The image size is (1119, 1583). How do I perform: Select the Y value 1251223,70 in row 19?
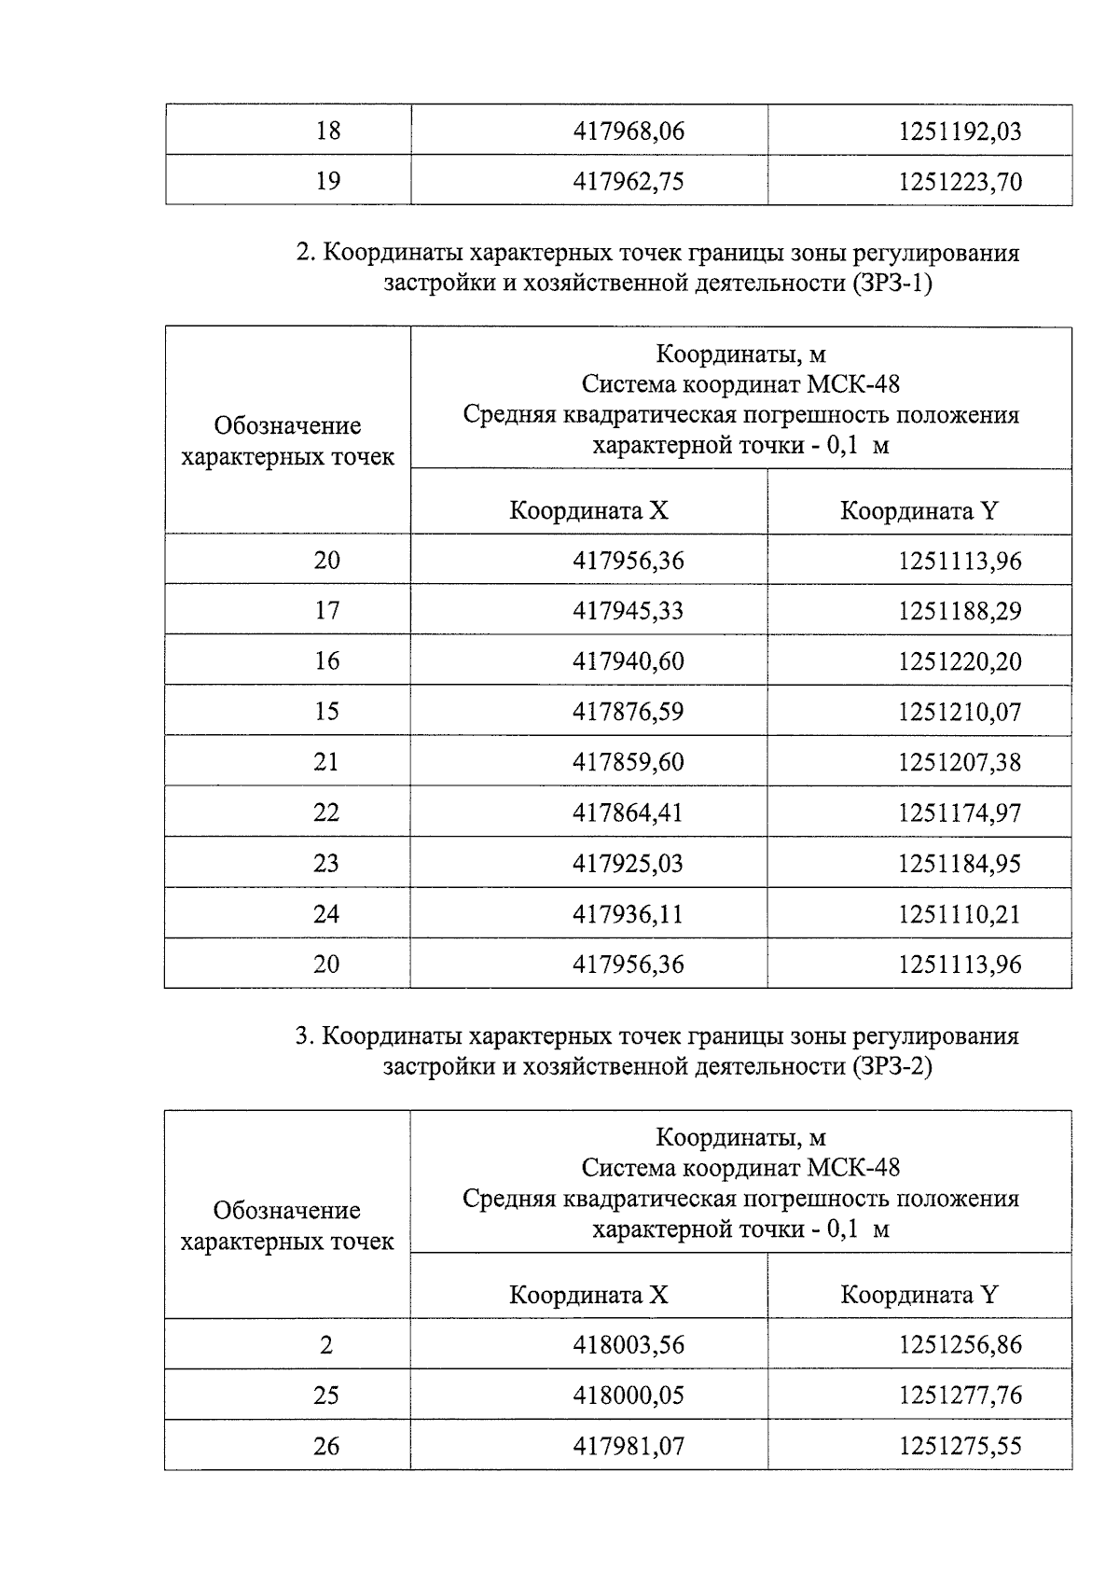tap(960, 181)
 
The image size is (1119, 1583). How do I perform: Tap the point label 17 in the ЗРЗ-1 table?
tap(326, 611)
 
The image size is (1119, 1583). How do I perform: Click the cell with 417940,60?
tap(628, 661)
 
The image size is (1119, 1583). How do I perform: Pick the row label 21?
tap(326, 762)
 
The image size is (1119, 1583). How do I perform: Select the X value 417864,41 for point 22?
tap(628, 812)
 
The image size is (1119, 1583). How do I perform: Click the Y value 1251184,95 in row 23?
tap(960, 863)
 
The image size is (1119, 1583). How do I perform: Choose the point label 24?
tap(326, 913)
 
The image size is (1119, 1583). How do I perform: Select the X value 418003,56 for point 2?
tap(628, 1345)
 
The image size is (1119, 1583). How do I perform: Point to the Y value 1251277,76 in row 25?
tap(960, 1396)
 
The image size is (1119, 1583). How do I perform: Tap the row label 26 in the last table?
tap(326, 1446)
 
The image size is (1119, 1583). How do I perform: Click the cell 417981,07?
tap(628, 1446)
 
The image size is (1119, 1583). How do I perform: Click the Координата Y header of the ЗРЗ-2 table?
tap(919, 1295)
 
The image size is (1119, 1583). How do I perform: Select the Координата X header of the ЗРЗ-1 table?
tap(588, 510)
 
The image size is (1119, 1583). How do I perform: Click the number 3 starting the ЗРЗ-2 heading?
tap(301, 1036)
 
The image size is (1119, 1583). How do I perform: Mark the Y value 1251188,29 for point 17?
tap(960, 611)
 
